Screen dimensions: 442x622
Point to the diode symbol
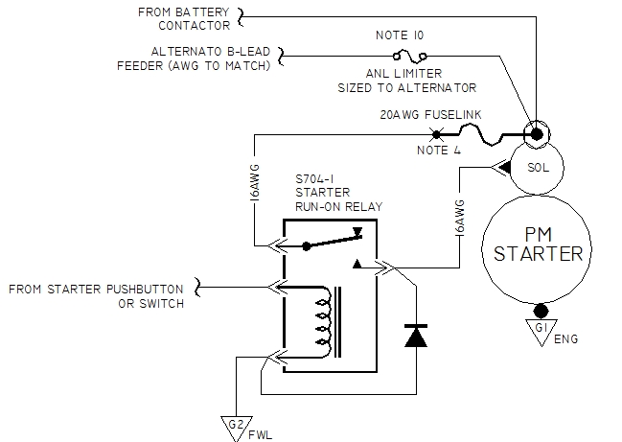click(416, 337)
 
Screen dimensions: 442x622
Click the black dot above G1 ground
click(542, 312)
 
